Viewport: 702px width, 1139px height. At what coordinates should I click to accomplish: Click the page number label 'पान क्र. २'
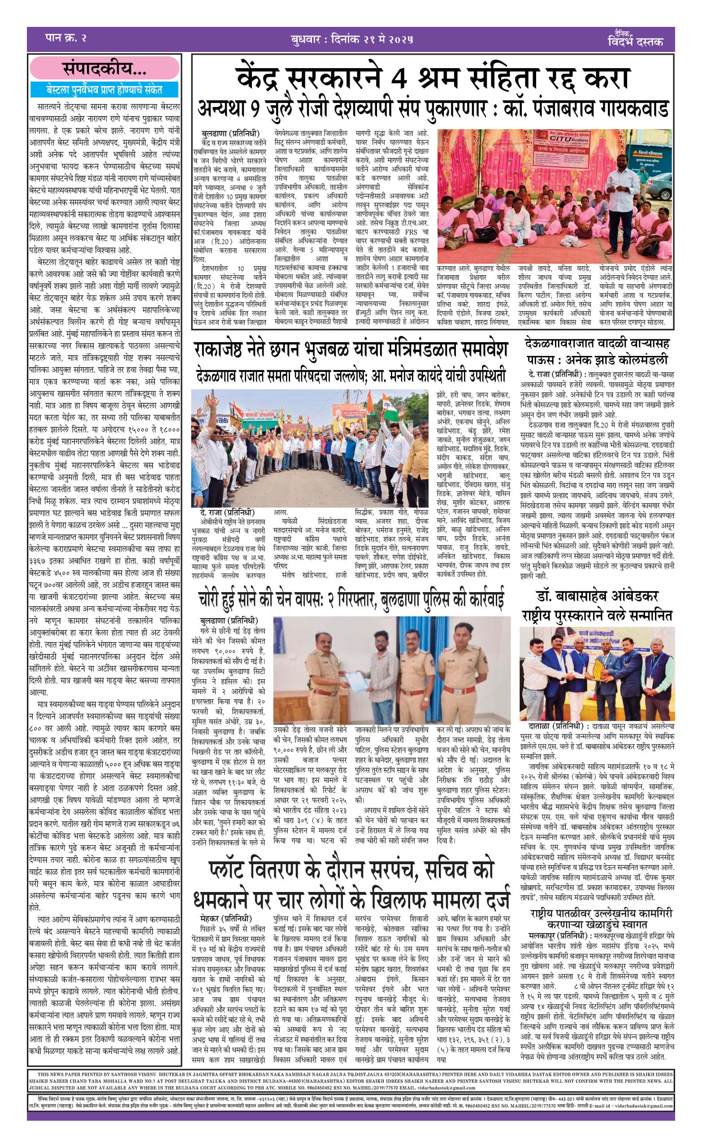tap(66, 38)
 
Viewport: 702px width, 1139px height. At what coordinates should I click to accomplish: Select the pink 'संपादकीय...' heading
tap(104, 69)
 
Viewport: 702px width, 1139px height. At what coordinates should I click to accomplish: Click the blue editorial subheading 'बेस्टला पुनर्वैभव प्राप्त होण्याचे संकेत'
tap(104, 89)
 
